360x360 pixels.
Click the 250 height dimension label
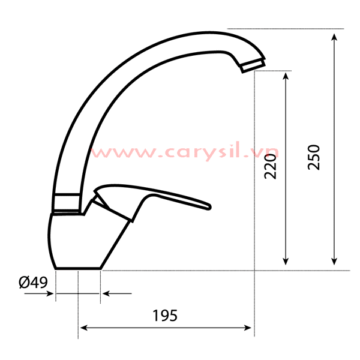pos(314,157)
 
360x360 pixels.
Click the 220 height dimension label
pos(271,166)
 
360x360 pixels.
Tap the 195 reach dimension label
pos(165,316)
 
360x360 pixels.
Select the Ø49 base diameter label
pos(33,282)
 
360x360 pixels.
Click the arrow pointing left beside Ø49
pos(107,293)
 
